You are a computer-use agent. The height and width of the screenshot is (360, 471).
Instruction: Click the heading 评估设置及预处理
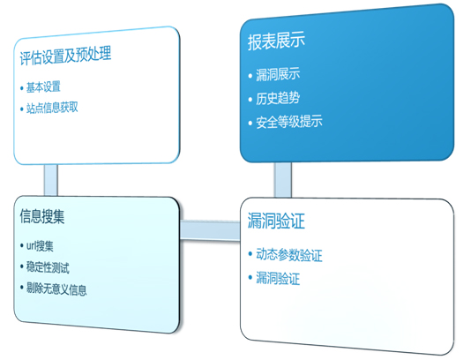(65, 56)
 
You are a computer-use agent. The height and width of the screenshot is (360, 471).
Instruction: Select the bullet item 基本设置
(43, 87)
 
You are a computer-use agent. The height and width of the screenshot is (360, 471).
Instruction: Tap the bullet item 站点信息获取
(52, 108)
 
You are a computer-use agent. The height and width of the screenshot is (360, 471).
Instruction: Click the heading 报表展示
(276, 41)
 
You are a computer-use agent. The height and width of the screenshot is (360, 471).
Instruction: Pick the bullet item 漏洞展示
(278, 74)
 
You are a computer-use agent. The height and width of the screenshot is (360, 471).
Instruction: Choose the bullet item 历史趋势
(278, 98)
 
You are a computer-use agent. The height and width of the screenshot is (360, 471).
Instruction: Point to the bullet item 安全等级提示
(289, 122)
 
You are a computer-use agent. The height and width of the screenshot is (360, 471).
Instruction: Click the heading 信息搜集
(42, 216)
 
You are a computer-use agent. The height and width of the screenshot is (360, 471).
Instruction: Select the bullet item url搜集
(40, 246)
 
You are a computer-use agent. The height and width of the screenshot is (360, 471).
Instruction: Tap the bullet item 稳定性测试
(48, 267)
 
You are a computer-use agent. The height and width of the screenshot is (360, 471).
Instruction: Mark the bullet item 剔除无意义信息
(56, 289)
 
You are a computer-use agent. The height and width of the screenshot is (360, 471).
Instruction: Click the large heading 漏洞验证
(276, 221)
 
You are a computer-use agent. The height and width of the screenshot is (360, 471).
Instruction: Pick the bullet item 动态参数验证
(289, 255)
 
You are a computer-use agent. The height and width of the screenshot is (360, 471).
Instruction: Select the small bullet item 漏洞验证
(278, 278)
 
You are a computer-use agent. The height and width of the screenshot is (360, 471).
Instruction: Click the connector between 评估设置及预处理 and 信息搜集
(51, 180)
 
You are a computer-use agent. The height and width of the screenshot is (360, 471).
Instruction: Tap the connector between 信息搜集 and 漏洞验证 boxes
(210, 230)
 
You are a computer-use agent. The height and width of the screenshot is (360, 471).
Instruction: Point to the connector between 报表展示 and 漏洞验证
(282, 180)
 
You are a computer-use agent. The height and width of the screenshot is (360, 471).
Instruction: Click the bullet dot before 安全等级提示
(250, 123)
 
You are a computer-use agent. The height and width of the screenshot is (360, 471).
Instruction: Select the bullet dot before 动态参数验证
(250, 254)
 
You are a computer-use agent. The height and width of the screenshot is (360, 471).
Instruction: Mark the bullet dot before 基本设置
(22, 88)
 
